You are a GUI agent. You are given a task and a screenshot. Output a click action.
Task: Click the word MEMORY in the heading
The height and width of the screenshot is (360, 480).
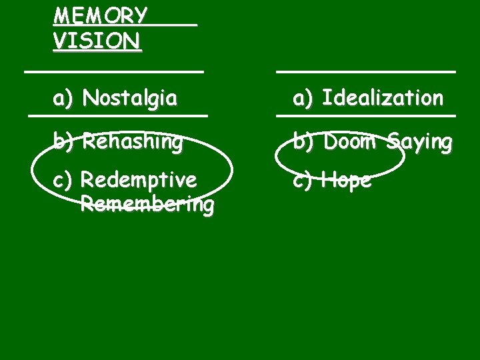pyautogui.click(x=100, y=15)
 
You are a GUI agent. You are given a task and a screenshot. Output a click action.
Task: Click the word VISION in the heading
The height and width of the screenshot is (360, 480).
pyautogui.click(x=97, y=41)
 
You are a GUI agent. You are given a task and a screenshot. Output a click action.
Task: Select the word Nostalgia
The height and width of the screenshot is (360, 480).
pyautogui.click(x=130, y=99)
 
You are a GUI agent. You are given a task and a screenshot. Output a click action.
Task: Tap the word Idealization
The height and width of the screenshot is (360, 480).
pyautogui.click(x=383, y=99)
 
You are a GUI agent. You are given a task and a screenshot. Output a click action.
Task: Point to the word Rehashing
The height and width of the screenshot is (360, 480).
pyautogui.click(x=133, y=141)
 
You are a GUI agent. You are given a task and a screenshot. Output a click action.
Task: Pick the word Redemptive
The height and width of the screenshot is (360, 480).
pyautogui.click(x=138, y=180)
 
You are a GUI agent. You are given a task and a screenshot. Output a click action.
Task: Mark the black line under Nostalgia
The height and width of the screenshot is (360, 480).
pyautogui.click(x=118, y=116)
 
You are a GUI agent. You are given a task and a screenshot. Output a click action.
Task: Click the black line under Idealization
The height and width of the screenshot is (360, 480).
pyautogui.click(x=366, y=116)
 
